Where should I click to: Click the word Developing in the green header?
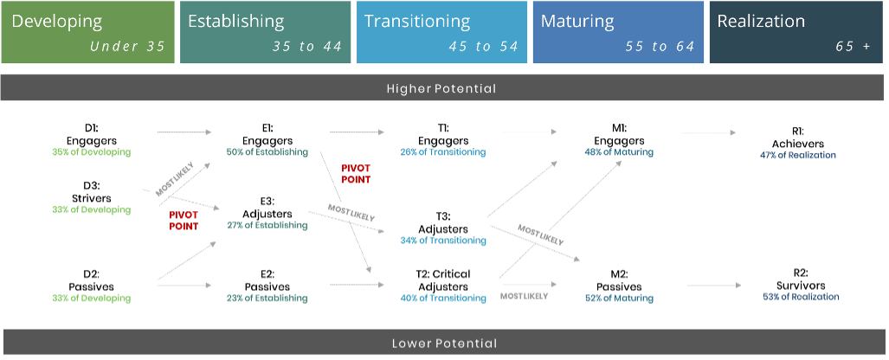tap(57, 21)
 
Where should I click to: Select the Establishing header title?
tap(235, 21)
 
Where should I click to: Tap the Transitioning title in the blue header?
tap(417, 21)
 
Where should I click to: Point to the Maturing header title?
tap(577, 21)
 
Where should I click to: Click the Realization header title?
tap(761, 21)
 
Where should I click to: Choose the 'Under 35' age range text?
tap(127, 47)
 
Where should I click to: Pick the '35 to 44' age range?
tap(307, 47)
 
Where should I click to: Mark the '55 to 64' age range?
tap(660, 47)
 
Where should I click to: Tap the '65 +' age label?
tap(853, 47)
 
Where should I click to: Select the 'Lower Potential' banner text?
tap(444, 344)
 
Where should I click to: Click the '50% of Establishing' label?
tap(267, 152)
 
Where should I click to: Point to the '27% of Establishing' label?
tap(267, 226)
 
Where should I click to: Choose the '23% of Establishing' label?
tap(267, 299)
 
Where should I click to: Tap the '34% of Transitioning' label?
tap(442, 241)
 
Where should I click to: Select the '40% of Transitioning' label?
tap(442, 299)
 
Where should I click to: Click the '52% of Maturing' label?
tap(619, 299)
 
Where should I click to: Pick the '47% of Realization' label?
tap(797, 156)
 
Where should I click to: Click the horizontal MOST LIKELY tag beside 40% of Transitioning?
tap(524, 296)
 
